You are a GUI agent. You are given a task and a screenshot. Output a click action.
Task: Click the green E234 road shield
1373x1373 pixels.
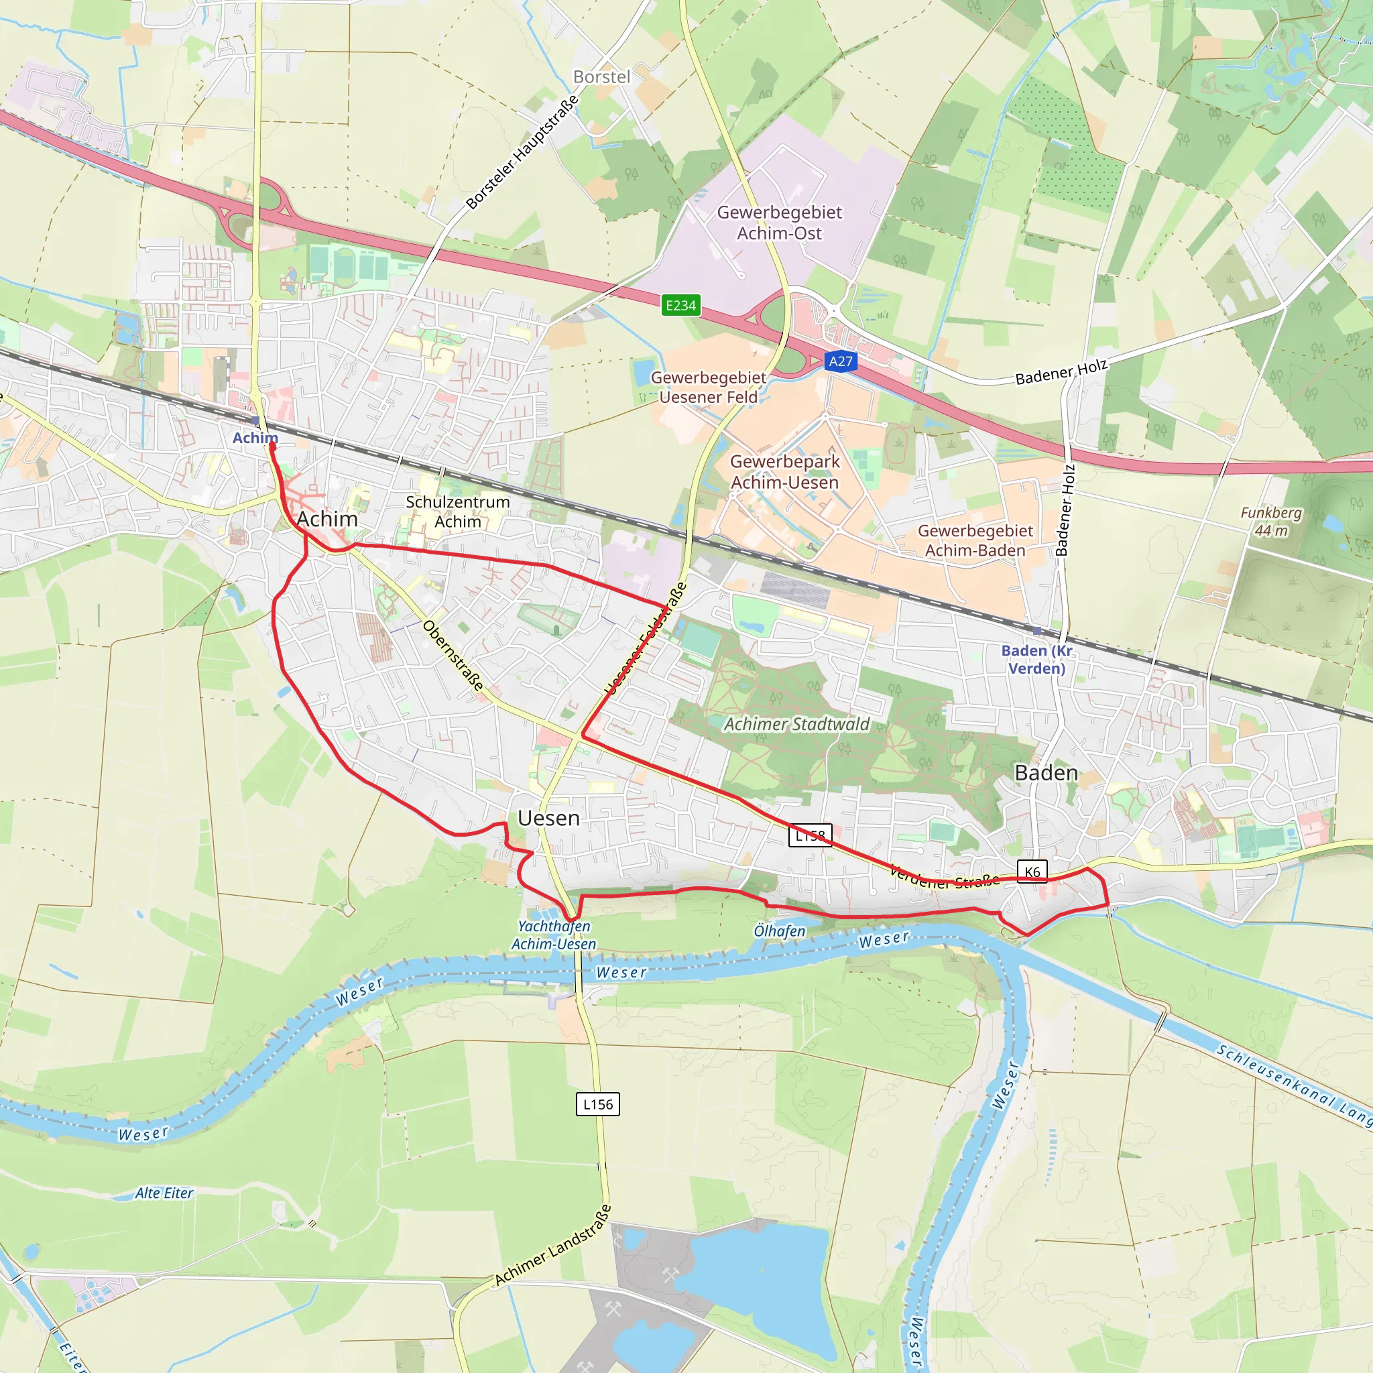tap(680, 306)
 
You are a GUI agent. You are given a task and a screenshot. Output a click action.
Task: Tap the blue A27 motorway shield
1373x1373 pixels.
tap(841, 361)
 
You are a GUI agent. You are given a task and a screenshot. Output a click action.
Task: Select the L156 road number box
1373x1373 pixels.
tap(597, 1103)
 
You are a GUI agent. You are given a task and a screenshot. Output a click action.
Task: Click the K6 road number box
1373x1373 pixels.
tap(1032, 872)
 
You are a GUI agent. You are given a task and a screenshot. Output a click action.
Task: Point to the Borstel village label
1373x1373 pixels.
tap(601, 76)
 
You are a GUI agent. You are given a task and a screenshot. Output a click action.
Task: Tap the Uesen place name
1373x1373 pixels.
tap(548, 818)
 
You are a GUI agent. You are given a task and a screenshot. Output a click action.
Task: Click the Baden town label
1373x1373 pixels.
tap(1046, 772)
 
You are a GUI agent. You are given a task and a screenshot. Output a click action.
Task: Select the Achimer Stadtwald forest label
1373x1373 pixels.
tap(796, 724)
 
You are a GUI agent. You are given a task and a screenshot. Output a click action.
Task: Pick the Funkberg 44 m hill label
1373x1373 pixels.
tap(1271, 522)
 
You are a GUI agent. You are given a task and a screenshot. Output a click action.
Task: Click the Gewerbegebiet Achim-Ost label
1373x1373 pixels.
tap(779, 223)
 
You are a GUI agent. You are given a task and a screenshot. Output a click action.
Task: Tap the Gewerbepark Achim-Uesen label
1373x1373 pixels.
tap(784, 472)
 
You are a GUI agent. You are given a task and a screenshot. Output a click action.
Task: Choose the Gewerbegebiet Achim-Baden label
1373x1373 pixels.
tap(975, 540)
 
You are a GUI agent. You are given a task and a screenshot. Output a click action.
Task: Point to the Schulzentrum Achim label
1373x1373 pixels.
tap(458, 512)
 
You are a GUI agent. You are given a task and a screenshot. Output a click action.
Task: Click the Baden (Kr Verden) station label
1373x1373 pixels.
tap(1037, 659)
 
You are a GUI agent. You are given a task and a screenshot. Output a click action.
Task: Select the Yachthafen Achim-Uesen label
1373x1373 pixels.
tap(554, 935)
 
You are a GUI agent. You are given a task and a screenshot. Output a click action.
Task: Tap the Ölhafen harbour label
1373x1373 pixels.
tap(780, 931)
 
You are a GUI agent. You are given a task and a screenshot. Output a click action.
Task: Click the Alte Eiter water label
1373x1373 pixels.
tap(164, 1193)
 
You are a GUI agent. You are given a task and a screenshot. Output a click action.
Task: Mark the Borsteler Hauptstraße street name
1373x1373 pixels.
tap(522, 153)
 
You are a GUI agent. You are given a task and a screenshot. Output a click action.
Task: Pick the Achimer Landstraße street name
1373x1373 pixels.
tap(553, 1245)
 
